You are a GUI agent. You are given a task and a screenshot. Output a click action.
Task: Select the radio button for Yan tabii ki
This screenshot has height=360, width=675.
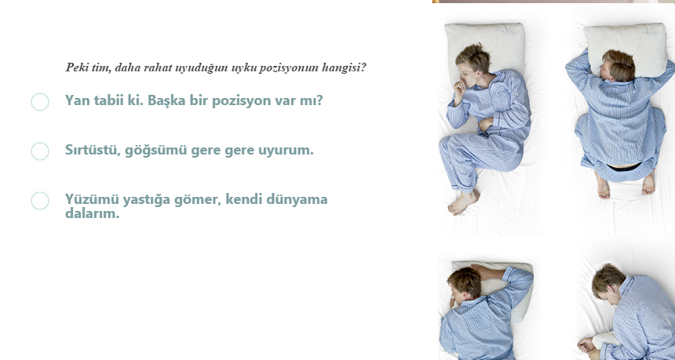click(x=40, y=102)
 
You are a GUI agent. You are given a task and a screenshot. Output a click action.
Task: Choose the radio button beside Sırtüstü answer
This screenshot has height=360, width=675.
click(x=40, y=151)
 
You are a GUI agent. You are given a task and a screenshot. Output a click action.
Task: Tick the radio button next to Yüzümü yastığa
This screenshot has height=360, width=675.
click(x=40, y=201)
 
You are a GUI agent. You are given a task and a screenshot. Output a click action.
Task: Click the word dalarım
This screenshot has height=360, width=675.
click(x=92, y=213)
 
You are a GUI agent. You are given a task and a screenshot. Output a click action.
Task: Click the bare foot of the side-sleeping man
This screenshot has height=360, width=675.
click(x=463, y=202)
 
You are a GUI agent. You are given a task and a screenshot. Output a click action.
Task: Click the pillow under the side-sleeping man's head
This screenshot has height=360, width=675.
click(x=485, y=44)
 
